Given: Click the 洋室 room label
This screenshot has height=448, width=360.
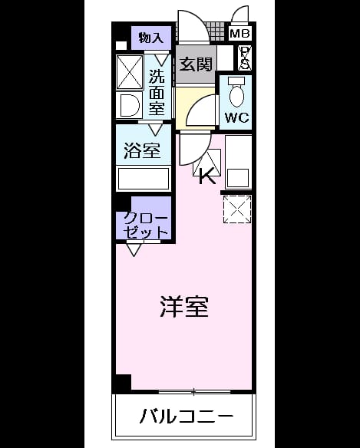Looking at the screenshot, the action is pos(184,307).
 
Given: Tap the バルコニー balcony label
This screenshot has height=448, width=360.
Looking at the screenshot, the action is pos(187,416).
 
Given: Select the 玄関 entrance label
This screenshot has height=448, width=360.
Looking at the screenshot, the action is pos(196,64).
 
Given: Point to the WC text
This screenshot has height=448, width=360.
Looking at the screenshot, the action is pos(236,117).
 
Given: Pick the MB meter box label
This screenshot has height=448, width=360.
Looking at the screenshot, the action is pos(239,34).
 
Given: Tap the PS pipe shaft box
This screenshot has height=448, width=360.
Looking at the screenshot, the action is pos(245,58).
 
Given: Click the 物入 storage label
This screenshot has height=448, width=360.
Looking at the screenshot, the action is pos(151,38).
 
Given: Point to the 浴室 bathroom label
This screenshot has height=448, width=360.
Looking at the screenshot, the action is pos(142,150).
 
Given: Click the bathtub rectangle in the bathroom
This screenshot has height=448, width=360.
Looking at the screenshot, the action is pos(144,179).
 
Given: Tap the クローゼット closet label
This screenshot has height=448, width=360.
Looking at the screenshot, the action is pos(146,226).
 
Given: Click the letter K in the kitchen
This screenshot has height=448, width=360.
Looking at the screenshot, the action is pos(207,176).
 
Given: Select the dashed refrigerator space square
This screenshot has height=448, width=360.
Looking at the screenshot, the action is pos(237,209).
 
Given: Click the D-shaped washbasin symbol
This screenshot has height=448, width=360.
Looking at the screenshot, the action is pos(130,105).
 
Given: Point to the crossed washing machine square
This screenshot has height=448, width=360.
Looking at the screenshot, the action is pos(130,71).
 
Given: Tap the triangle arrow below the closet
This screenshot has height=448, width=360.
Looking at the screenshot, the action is pos(134,250).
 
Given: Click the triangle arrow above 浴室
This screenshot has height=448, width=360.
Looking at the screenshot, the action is pos(156,130).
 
